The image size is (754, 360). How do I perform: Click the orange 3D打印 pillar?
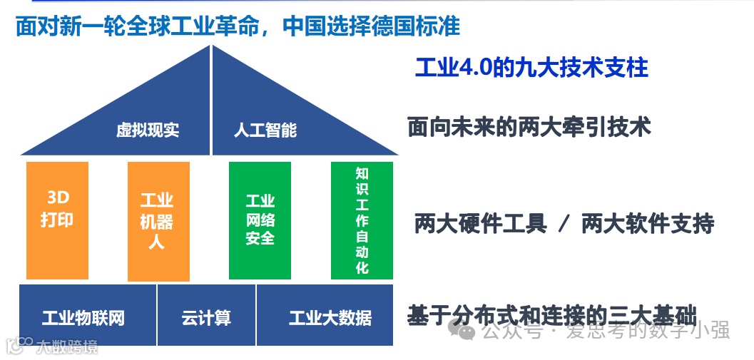coord(57,220)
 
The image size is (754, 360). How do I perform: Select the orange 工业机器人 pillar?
coord(158,221)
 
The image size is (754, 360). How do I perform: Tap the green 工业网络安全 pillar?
coord(260,220)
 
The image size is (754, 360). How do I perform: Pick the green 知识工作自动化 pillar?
coord(362,220)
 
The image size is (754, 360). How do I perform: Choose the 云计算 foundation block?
coord(206,315)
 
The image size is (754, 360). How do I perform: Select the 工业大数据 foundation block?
coord(325,315)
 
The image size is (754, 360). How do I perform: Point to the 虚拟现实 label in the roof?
coord(148,130)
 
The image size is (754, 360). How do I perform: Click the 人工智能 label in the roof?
coord(265,130)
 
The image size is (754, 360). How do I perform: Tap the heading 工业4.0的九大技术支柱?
coord(531,68)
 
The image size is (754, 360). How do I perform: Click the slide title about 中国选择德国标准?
coord(238,26)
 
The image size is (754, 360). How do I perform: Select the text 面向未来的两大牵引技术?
coord(529,128)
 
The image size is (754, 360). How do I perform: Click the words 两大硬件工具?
coord(480,224)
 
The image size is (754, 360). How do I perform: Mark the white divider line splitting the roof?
coord(211,100)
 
